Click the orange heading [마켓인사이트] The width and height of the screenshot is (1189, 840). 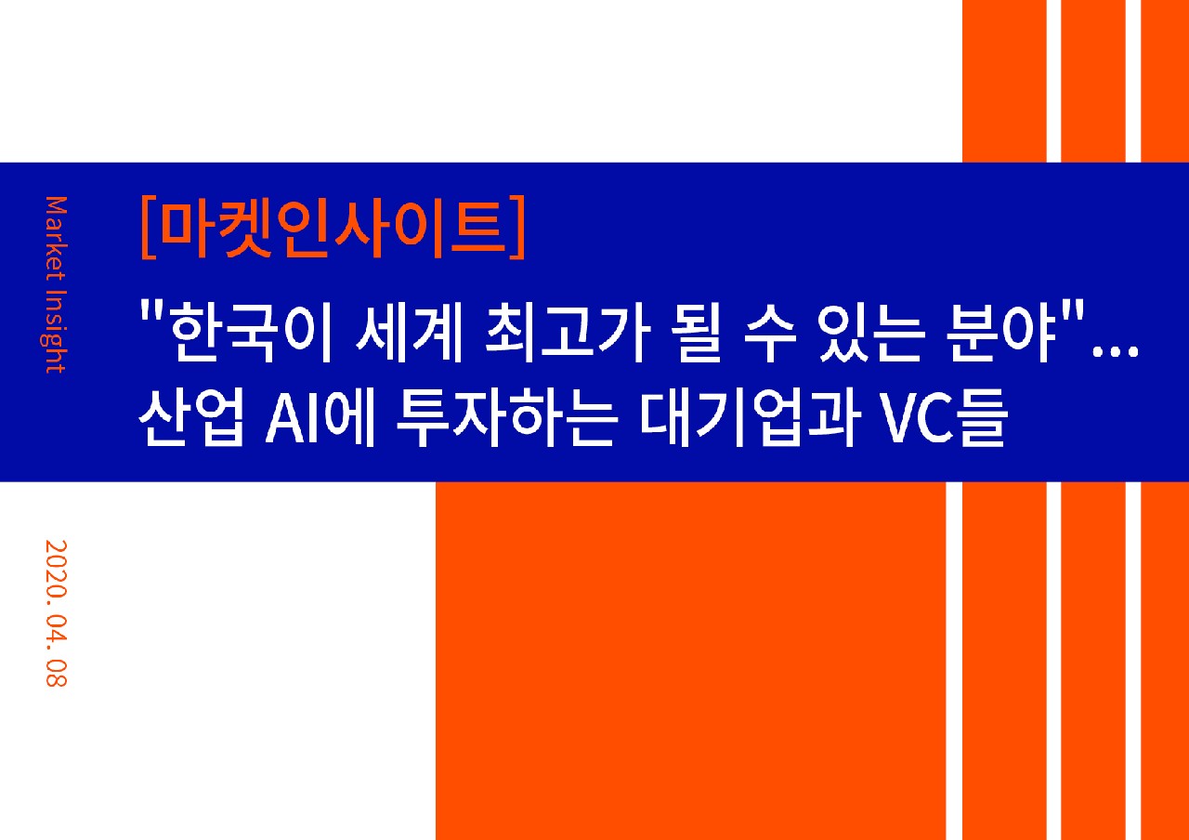pos(333,228)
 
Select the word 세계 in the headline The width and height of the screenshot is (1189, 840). pos(409,330)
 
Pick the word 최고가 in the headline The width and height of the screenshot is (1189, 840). pos(568,330)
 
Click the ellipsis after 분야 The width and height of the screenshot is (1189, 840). pos(1116,351)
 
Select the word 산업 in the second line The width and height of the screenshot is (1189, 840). pos(192,416)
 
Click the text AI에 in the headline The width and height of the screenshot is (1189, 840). pos(320,416)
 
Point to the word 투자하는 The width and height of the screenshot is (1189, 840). pos(507,416)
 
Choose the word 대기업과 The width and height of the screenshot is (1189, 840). pos(751,416)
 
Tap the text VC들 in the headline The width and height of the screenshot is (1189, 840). pos(943,416)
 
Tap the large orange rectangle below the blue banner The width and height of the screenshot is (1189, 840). pos(690,661)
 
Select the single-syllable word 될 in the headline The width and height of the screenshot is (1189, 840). pos(697,330)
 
